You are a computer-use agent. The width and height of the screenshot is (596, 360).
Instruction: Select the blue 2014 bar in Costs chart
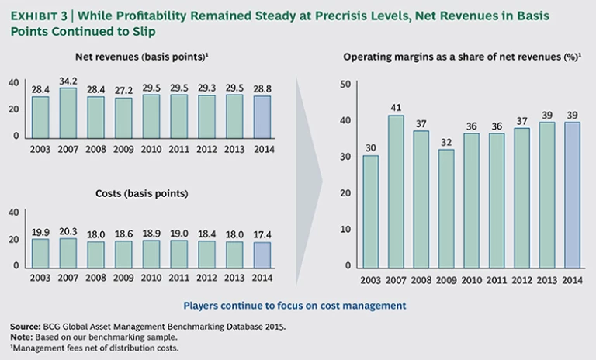tap(262, 254)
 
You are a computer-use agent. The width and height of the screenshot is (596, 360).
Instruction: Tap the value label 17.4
tap(262, 234)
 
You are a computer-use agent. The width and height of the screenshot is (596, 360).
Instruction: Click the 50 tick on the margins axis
tap(346, 84)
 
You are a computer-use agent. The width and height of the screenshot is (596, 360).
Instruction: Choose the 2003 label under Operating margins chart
tap(371, 279)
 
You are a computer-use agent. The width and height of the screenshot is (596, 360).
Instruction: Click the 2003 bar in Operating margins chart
tap(371, 212)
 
